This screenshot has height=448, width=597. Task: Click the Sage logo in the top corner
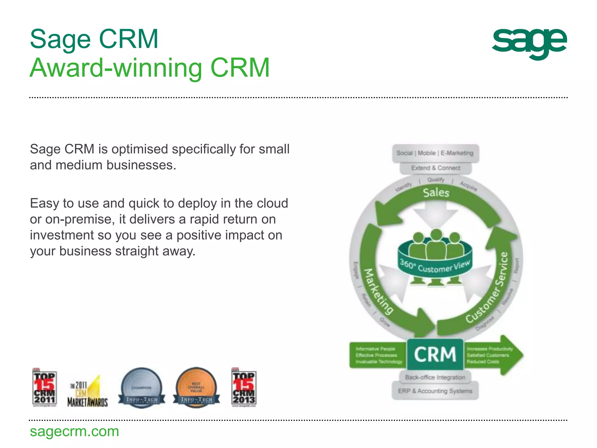[x=529, y=43]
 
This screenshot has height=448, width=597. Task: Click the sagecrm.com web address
[x=74, y=431]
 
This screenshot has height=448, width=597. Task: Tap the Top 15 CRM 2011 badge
[x=44, y=388]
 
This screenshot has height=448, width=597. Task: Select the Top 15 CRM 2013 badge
[x=244, y=388]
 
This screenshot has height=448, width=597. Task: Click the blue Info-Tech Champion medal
[x=141, y=388]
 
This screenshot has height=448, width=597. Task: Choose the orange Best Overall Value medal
[x=196, y=388]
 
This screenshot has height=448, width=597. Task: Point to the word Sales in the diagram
[x=436, y=193]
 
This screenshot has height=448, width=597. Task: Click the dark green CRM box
[x=435, y=354]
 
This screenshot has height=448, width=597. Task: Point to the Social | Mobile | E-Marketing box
[x=435, y=153]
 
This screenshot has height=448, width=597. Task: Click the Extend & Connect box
[x=436, y=168]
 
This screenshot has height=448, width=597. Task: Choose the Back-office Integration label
[x=435, y=377]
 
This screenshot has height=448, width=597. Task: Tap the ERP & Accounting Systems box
[x=435, y=391]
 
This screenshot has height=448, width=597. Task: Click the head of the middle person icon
[x=436, y=235]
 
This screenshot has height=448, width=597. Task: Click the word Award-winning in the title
[x=116, y=68]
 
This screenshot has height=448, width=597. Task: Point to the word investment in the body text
[x=62, y=235]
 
